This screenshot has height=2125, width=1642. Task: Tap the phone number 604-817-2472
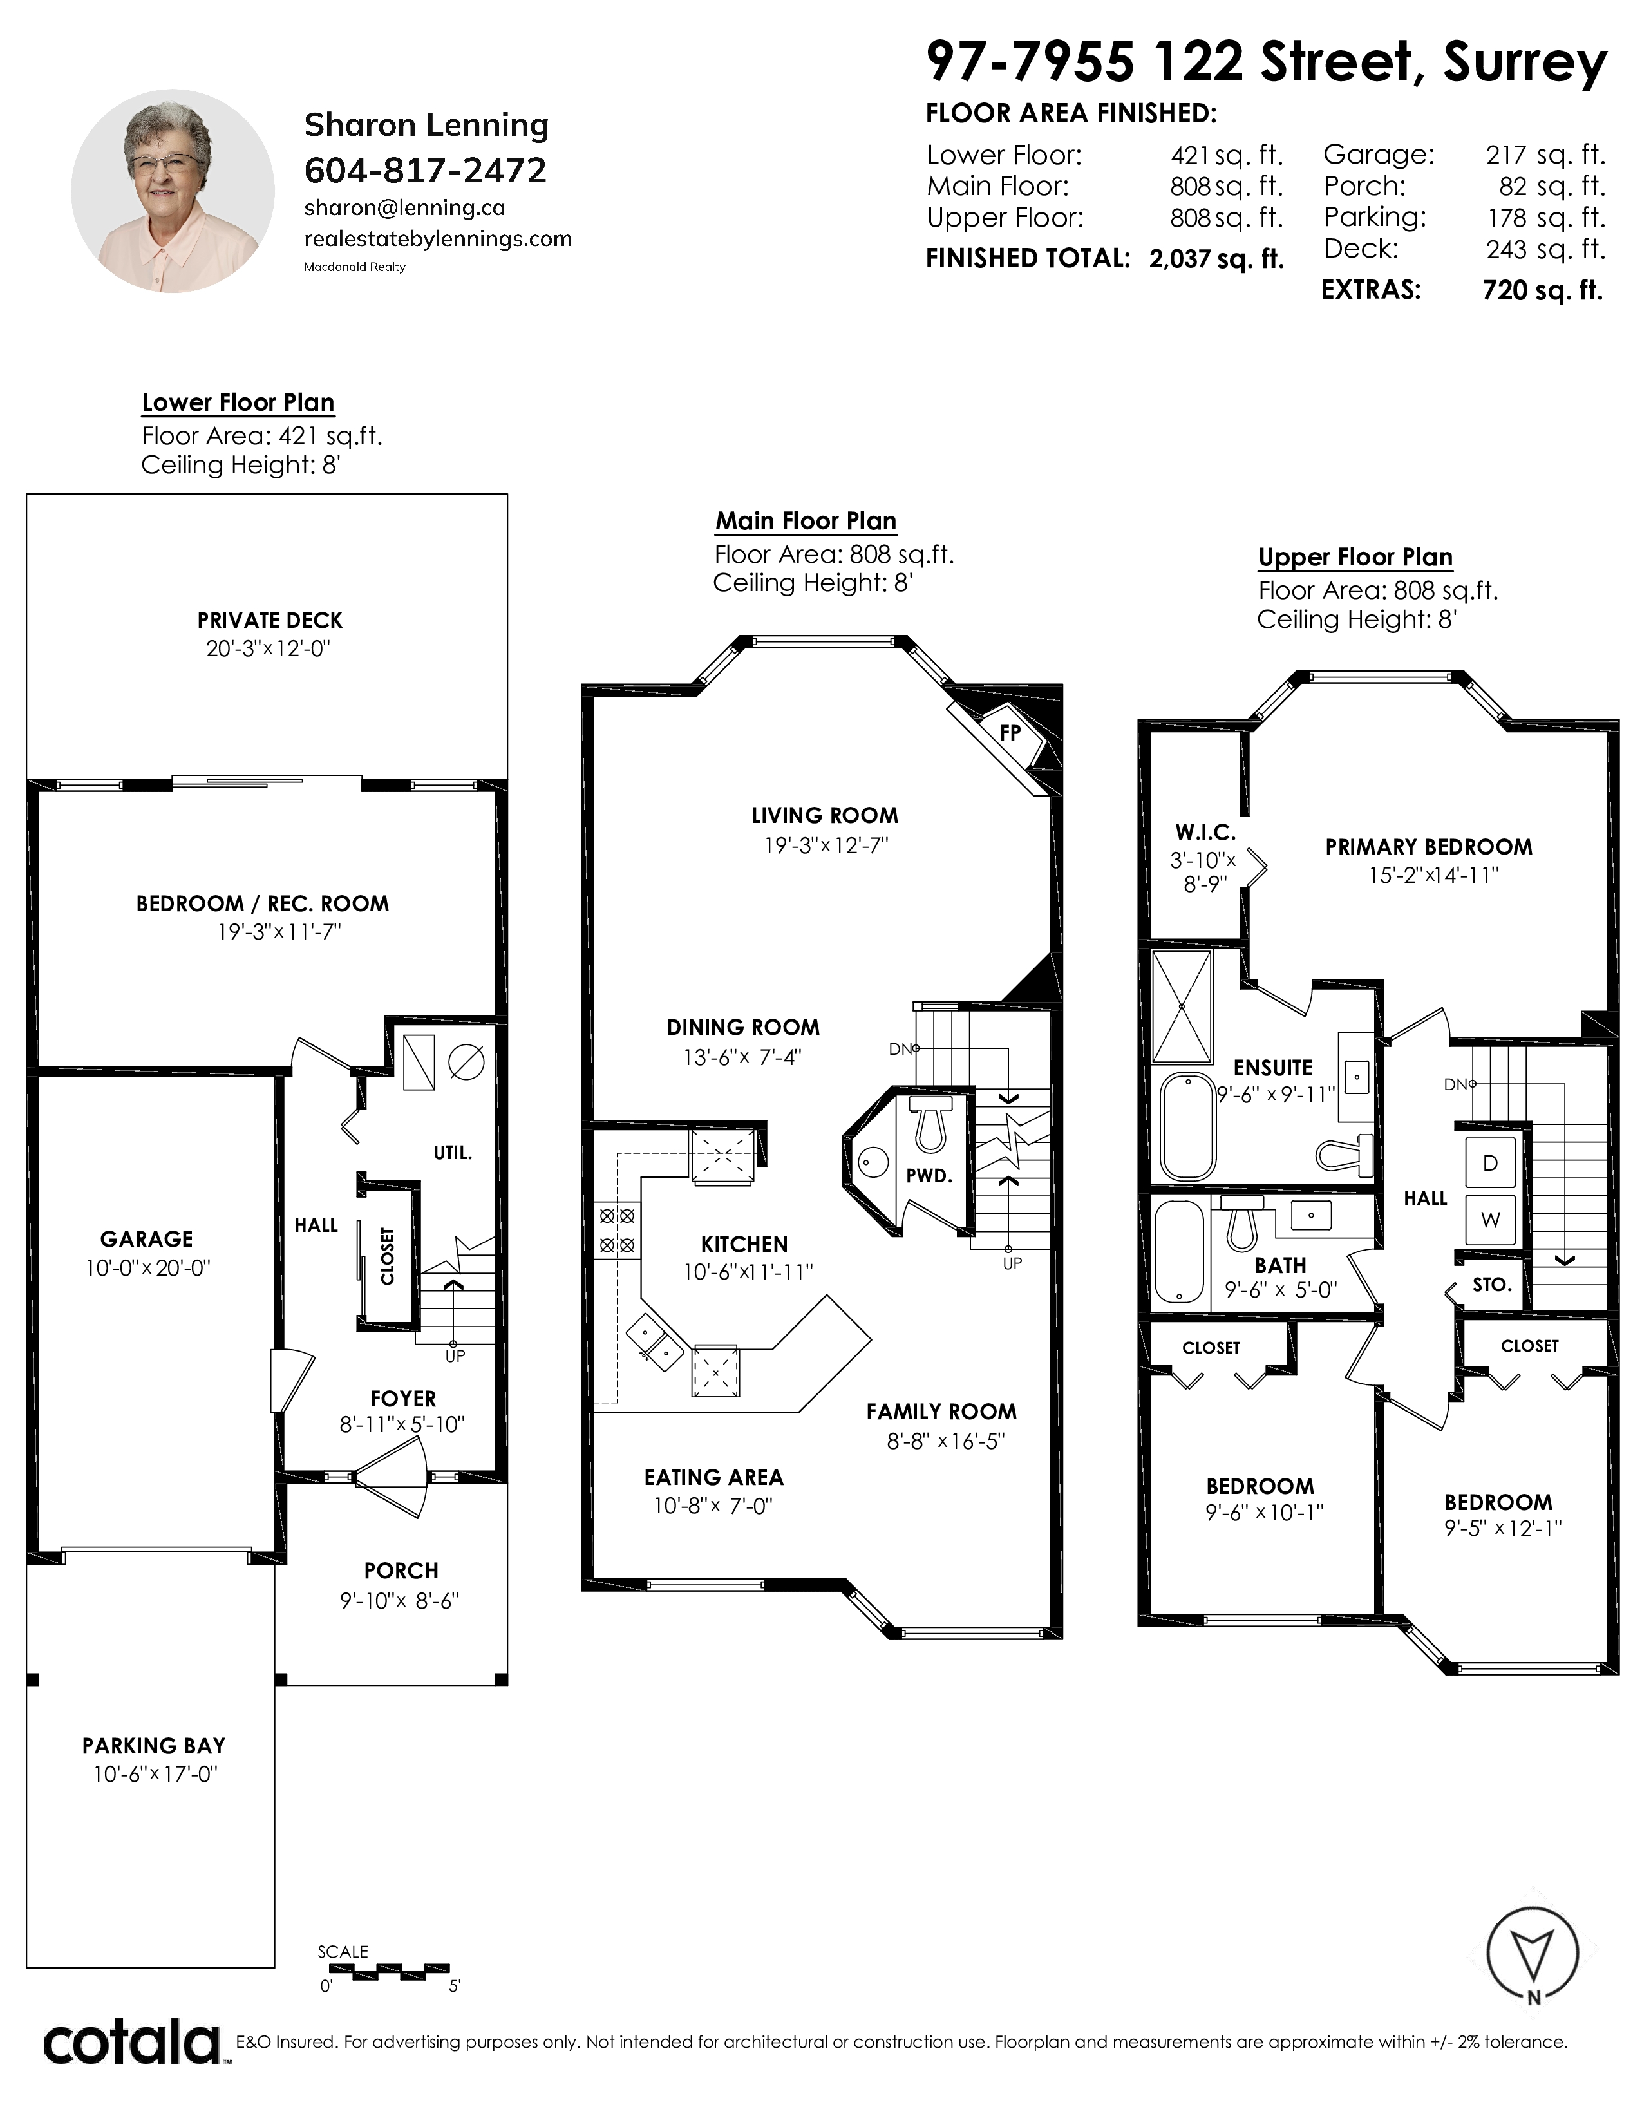pos(425,170)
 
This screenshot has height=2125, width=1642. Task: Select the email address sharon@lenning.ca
pos(404,208)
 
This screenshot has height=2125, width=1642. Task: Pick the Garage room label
pos(147,1238)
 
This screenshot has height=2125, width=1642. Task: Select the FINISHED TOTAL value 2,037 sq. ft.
pos(1216,259)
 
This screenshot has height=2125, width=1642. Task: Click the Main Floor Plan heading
pos(806,522)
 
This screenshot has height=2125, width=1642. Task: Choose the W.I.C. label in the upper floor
pos(1205,833)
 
